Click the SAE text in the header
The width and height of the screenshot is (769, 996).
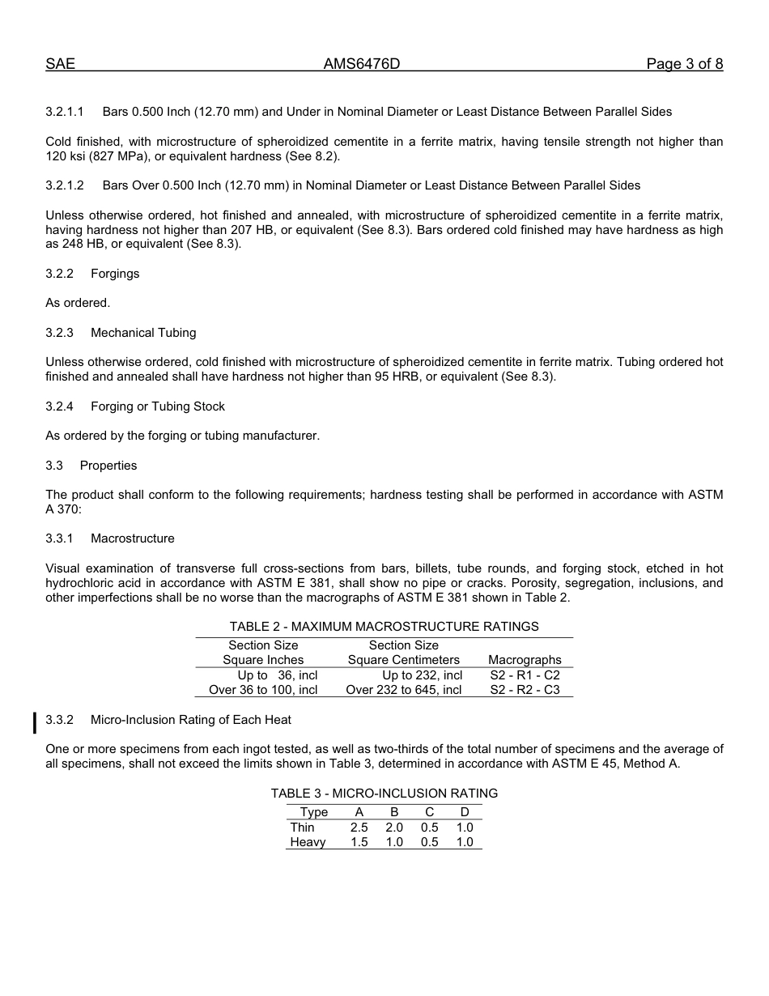60,65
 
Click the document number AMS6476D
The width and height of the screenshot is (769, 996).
362,65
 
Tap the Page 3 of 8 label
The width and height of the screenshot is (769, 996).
684,65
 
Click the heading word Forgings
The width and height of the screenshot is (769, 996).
115,274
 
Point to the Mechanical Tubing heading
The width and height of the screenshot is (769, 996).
143,333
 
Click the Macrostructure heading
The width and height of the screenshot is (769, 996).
133,538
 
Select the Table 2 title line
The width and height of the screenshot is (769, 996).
384,627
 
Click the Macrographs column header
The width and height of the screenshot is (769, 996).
525,660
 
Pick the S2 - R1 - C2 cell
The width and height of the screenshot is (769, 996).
525,675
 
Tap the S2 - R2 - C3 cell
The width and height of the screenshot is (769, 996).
525,690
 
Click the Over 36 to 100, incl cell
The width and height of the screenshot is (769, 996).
263,690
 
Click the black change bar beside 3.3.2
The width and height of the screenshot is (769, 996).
35,721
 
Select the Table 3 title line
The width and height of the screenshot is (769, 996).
384,794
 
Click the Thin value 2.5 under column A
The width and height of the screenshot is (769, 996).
359,828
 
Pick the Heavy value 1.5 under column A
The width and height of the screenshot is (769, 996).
359,842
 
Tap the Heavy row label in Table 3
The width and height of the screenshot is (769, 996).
308,842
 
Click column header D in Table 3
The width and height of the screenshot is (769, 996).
465,812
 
